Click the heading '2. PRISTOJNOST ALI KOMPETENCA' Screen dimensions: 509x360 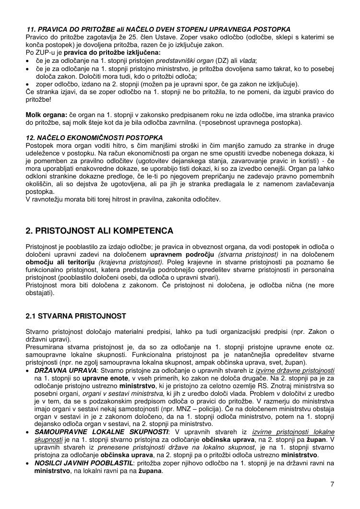99,231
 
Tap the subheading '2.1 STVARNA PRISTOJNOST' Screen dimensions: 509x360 76,316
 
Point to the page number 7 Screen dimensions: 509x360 332,484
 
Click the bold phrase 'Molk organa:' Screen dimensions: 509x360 46,115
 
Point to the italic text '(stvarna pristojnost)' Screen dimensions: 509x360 248,254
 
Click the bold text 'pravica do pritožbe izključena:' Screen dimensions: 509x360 112,52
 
